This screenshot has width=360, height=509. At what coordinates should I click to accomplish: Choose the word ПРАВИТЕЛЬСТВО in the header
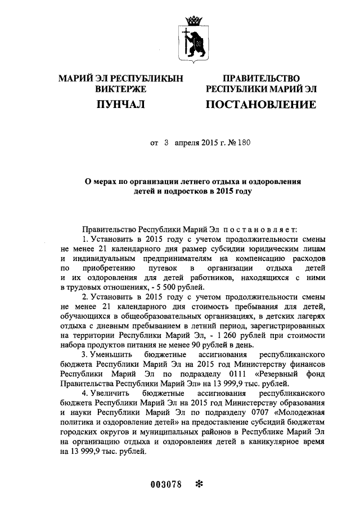[x=261, y=78]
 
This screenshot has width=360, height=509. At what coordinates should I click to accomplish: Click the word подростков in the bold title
[x=178, y=191]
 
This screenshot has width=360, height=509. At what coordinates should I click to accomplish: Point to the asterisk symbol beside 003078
[x=199, y=484]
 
